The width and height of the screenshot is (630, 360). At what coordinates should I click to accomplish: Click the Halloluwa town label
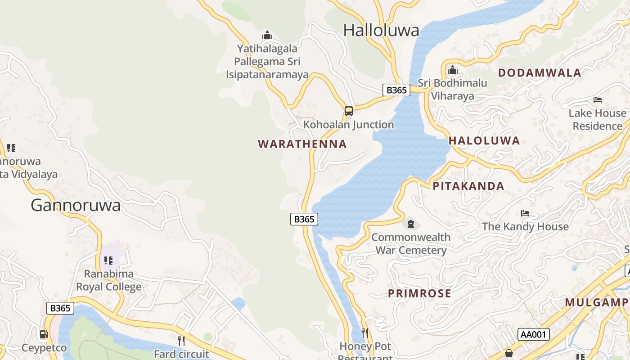point(381,31)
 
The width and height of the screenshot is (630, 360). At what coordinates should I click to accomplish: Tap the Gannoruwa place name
point(76,206)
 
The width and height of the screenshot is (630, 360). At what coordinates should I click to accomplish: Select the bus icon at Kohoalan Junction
point(348,111)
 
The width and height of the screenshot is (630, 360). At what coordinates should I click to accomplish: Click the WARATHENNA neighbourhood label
point(302,144)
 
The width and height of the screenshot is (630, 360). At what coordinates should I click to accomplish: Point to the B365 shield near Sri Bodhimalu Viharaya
point(396,90)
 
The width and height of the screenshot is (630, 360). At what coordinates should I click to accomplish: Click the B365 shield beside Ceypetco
point(60,308)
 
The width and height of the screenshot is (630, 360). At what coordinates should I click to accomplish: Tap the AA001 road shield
point(534,334)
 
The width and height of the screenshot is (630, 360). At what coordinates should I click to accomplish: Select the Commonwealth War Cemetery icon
point(410,224)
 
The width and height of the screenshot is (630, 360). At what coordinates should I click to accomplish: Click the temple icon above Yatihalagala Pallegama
point(267,35)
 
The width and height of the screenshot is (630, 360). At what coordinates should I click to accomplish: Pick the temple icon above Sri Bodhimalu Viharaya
point(452,70)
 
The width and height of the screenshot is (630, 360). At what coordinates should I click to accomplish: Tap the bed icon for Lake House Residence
point(597,99)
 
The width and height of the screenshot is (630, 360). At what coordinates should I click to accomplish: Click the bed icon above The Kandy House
point(525,213)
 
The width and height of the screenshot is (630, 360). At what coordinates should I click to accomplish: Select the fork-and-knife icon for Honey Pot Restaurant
point(365,333)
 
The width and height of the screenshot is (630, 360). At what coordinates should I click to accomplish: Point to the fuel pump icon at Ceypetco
point(44,334)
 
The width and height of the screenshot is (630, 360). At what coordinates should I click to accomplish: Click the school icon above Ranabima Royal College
point(108,260)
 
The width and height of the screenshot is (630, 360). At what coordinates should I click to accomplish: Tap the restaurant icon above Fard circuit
point(181,341)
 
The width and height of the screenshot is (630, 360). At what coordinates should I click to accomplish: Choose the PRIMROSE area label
point(419,293)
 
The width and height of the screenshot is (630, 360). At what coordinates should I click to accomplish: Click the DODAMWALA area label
point(540,73)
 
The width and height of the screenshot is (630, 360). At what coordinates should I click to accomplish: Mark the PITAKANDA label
point(468,186)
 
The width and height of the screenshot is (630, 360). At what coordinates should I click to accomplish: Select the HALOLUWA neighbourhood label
point(484,140)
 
